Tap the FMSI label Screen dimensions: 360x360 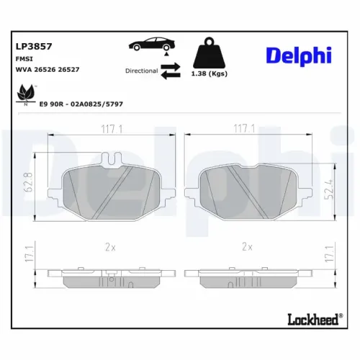[x=24, y=58]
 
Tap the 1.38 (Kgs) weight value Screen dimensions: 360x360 [x=209, y=74]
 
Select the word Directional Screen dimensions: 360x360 [x=141, y=71]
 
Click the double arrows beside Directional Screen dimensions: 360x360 [x=171, y=71]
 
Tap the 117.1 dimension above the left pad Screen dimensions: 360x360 [x=108, y=129]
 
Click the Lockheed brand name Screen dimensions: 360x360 [x=310, y=318]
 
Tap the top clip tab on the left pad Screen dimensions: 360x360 [x=112, y=159]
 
